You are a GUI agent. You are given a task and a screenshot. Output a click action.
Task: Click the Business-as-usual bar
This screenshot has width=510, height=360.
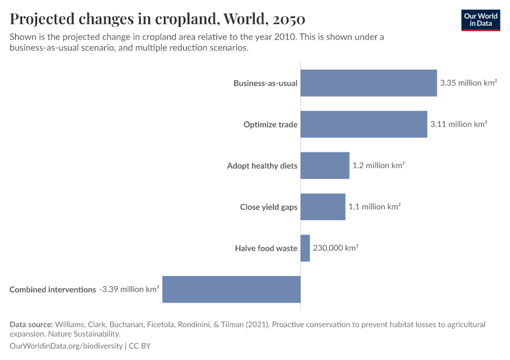(x=368, y=83)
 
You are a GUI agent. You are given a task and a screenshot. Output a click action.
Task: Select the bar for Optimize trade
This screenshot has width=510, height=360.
(x=364, y=124)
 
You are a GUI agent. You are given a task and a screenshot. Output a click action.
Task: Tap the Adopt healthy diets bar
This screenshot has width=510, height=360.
(x=325, y=166)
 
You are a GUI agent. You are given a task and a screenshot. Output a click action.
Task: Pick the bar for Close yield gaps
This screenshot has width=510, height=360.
(x=323, y=206)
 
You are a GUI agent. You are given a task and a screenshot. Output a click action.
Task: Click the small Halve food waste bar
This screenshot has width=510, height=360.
(x=305, y=248)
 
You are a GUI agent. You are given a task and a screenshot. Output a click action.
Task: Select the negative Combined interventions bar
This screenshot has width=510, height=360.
(x=231, y=289)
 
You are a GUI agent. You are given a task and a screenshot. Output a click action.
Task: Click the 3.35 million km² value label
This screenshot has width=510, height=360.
(x=468, y=83)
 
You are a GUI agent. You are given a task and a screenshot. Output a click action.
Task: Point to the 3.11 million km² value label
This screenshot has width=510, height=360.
(x=458, y=124)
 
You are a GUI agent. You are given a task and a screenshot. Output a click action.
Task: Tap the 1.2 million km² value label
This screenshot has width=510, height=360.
(x=379, y=166)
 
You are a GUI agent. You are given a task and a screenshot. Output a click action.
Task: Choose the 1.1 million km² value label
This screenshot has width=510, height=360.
(x=374, y=206)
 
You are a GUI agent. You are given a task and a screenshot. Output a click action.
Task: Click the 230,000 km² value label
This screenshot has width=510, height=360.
(x=335, y=248)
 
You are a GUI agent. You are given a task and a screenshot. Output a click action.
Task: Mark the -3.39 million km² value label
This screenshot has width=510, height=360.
(x=129, y=289)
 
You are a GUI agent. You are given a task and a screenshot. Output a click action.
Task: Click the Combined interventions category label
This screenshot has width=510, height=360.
(x=53, y=290)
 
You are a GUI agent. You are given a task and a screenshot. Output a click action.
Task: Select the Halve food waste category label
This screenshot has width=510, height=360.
(x=266, y=248)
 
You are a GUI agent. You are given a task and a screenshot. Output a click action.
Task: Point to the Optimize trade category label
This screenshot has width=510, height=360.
(x=270, y=125)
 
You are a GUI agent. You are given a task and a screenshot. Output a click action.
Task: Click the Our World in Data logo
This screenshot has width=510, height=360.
(x=481, y=20)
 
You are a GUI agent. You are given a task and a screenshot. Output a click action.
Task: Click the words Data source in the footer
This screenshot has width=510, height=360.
(x=31, y=325)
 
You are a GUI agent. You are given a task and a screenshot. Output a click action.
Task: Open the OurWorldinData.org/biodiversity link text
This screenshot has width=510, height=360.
(x=66, y=346)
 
